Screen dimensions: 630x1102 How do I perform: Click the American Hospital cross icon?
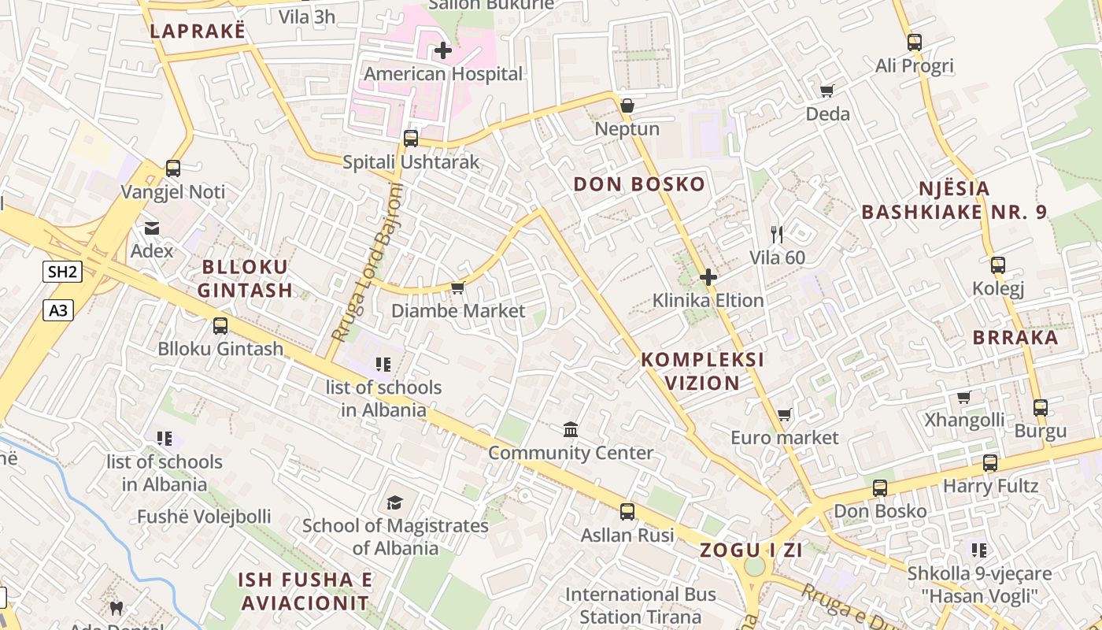443,51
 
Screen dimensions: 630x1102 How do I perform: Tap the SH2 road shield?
62,272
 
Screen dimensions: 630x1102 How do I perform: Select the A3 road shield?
58,311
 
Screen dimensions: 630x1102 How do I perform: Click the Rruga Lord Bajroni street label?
367,262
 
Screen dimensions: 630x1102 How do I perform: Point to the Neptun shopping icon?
627,106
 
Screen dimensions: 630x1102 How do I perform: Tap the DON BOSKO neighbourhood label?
639,185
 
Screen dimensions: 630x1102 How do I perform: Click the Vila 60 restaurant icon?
777,234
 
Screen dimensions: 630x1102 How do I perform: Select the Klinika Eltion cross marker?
708,277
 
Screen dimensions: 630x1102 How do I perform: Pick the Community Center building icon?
571,430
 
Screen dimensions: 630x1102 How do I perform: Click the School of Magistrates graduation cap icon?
394,502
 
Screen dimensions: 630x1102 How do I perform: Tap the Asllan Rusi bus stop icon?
627,512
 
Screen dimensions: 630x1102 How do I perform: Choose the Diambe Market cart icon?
457,288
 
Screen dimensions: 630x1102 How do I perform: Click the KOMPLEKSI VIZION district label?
702,371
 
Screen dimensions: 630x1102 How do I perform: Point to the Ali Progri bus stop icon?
914,43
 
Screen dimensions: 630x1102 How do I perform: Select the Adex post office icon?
151,228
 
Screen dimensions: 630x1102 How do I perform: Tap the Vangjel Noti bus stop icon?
173,169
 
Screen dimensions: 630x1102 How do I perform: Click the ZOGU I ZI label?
751,550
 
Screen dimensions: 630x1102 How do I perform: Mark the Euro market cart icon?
784,414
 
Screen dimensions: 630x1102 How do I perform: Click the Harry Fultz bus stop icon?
990,463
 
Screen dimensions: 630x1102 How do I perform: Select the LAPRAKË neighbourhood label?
198,31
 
